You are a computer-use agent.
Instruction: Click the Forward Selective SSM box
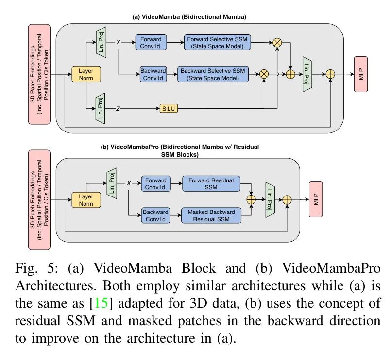point(217,43)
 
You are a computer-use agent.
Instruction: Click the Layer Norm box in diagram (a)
point(85,74)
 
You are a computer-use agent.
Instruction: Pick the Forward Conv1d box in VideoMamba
point(151,43)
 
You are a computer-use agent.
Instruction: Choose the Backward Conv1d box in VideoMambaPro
point(155,215)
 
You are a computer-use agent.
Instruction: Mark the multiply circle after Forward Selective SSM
point(277,43)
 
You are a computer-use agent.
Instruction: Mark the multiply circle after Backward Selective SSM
point(264,74)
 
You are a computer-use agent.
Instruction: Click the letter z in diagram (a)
point(118,108)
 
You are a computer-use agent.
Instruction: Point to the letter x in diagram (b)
point(129,184)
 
